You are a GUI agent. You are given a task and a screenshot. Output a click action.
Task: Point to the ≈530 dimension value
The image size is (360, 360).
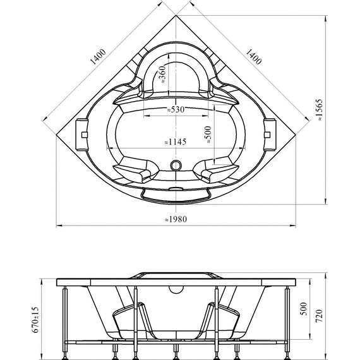(176, 109)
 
